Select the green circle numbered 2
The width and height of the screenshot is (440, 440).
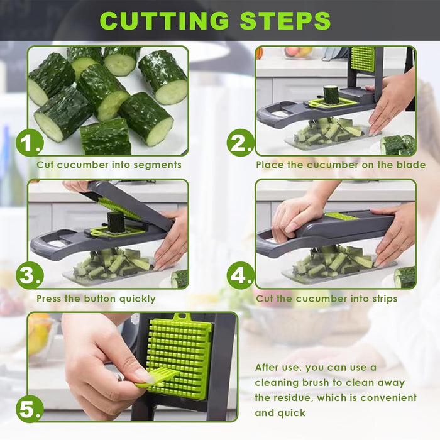240,145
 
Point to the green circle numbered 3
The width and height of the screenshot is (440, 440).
30,276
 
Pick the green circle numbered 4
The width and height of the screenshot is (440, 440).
240,276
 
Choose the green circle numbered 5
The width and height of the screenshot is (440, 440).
30,409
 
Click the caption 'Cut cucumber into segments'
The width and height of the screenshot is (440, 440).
109,165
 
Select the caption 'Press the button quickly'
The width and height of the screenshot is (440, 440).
96,299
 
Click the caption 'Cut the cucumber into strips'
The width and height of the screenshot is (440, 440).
326,299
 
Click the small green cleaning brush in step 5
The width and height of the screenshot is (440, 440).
157,378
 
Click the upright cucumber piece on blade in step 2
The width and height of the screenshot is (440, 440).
331,94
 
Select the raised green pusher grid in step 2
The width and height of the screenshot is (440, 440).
361,58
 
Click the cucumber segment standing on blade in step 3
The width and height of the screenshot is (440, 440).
115,222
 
